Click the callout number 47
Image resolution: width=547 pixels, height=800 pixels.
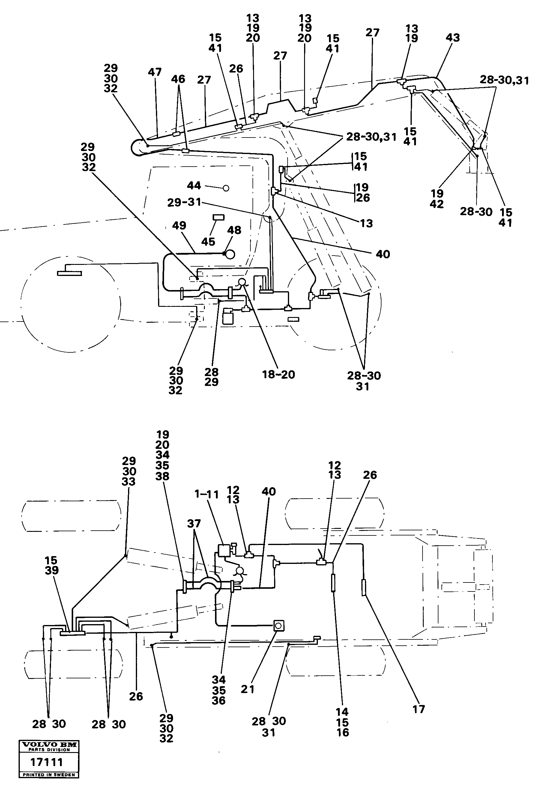(155, 72)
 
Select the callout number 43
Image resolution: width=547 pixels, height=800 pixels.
(452, 38)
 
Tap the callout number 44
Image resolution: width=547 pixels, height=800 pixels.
(194, 186)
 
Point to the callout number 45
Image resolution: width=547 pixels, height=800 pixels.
(208, 242)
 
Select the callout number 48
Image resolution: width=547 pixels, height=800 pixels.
(234, 230)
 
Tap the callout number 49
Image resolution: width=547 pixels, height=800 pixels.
(179, 226)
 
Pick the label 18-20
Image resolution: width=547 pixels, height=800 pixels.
(279, 375)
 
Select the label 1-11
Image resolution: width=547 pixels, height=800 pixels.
(207, 495)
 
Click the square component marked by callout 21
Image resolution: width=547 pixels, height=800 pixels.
(279, 626)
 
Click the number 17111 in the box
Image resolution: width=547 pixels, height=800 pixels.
(47, 763)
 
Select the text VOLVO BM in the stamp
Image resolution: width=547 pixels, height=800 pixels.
(49, 745)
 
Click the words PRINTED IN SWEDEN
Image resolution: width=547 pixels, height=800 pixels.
(49, 775)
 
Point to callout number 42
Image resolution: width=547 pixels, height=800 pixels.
(436, 204)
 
